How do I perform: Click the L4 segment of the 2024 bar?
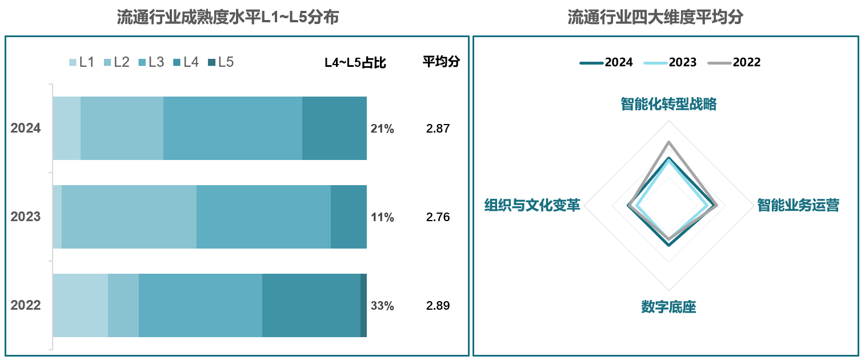click(x=334, y=128)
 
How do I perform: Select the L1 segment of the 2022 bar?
click(x=80, y=305)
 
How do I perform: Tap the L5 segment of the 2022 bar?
click(x=363, y=305)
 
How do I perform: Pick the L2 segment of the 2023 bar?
click(x=129, y=217)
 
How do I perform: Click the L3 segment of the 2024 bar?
click(x=233, y=128)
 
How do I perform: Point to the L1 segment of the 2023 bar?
click(x=57, y=217)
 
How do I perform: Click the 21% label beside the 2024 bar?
click(x=382, y=129)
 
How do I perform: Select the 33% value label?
click(x=382, y=306)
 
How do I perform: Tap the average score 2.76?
click(x=438, y=217)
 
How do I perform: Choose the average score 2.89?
click(x=438, y=306)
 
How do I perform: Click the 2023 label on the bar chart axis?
click(x=26, y=217)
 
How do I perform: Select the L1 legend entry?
click(x=81, y=62)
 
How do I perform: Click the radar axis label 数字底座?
click(x=668, y=307)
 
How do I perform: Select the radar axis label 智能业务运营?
click(x=798, y=205)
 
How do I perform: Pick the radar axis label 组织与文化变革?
click(x=532, y=205)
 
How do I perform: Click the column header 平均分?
click(x=440, y=62)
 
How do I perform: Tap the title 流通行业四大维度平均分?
click(x=655, y=17)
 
